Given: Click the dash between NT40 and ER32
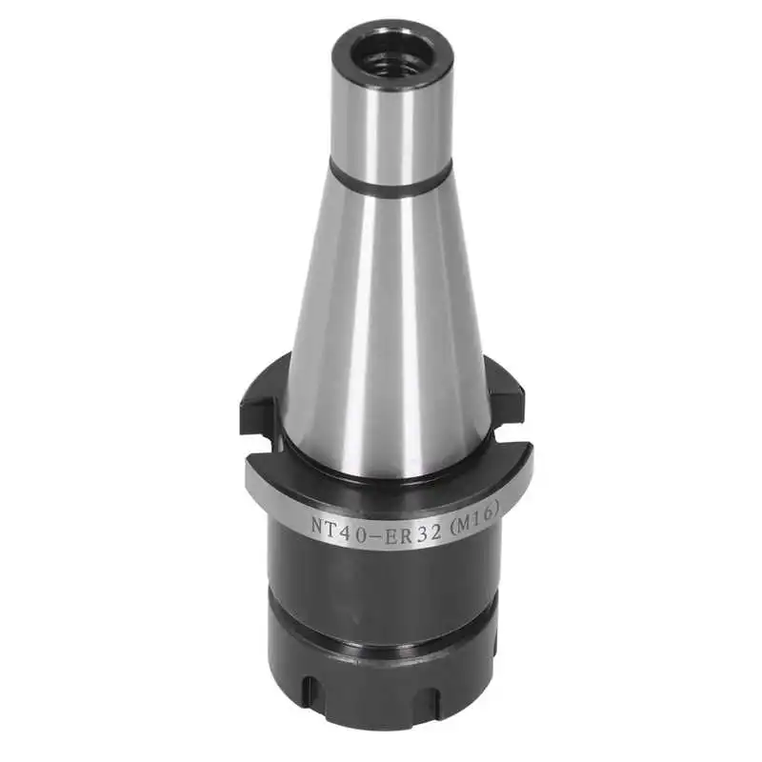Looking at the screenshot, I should pos(366,531).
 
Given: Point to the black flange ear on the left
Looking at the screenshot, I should pos(255,400).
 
